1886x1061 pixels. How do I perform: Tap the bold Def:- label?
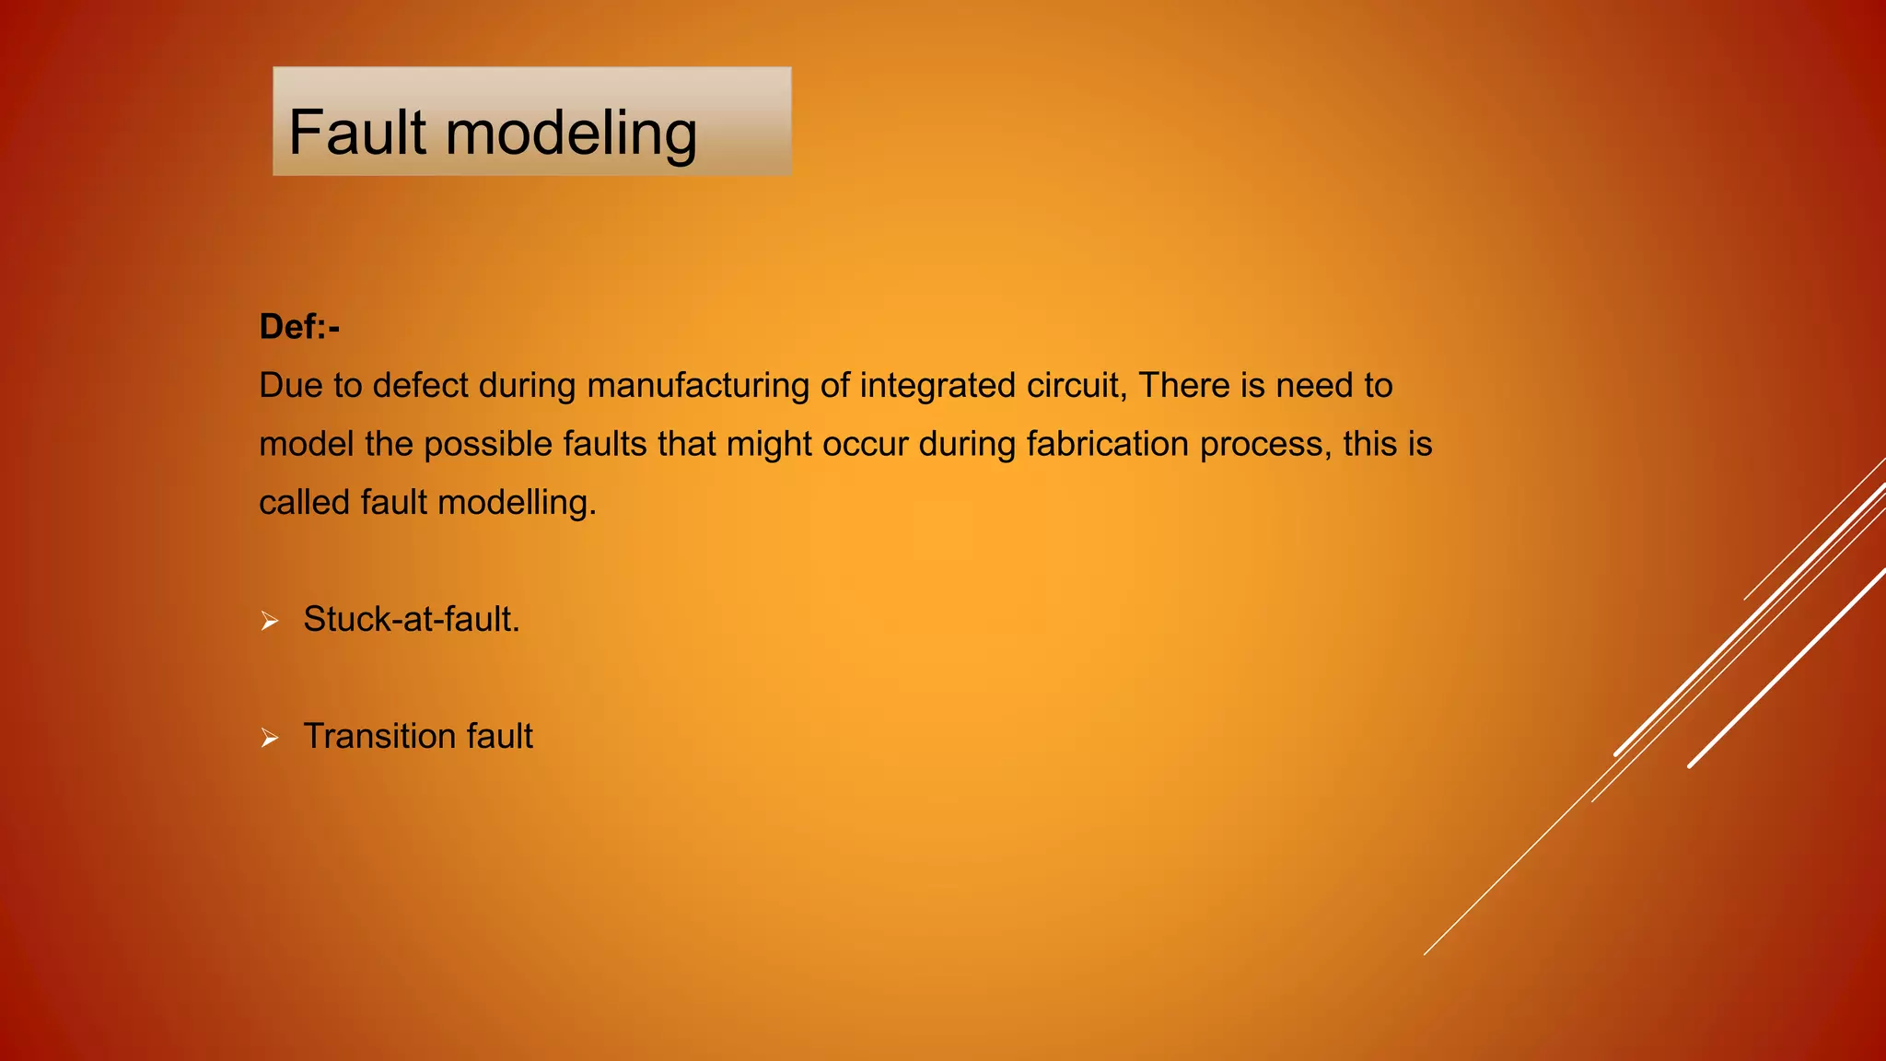pyautogui.click(x=299, y=327)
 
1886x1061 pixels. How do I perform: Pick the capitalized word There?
pyautogui.click(x=1184, y=386)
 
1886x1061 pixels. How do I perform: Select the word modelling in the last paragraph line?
pyautogui.click(x=517, y=503)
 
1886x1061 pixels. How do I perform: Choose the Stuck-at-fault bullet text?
pyautogui.click(x=412, y=620)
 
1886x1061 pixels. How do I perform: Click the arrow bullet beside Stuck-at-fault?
pyautogui.click(x=269, y=622)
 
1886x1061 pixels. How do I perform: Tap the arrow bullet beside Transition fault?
pyautogui.click(x=269, y=738)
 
